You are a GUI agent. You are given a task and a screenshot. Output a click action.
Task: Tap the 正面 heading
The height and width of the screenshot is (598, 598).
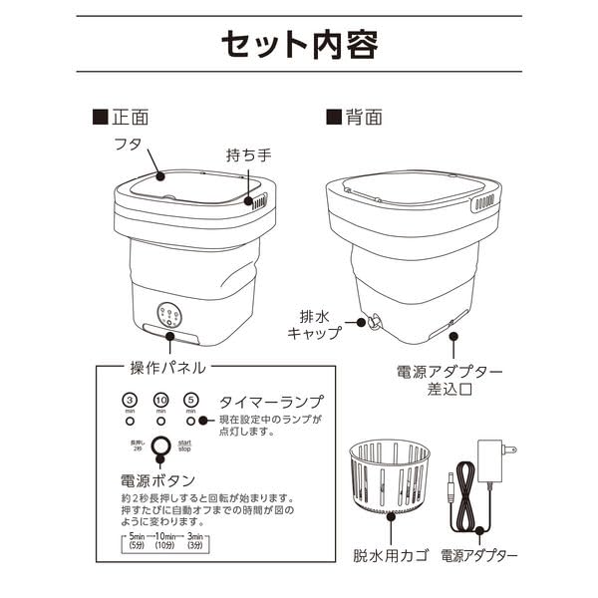tap(127, 117)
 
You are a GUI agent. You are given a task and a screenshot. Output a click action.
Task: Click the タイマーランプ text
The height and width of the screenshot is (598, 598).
tap(271, 402)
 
